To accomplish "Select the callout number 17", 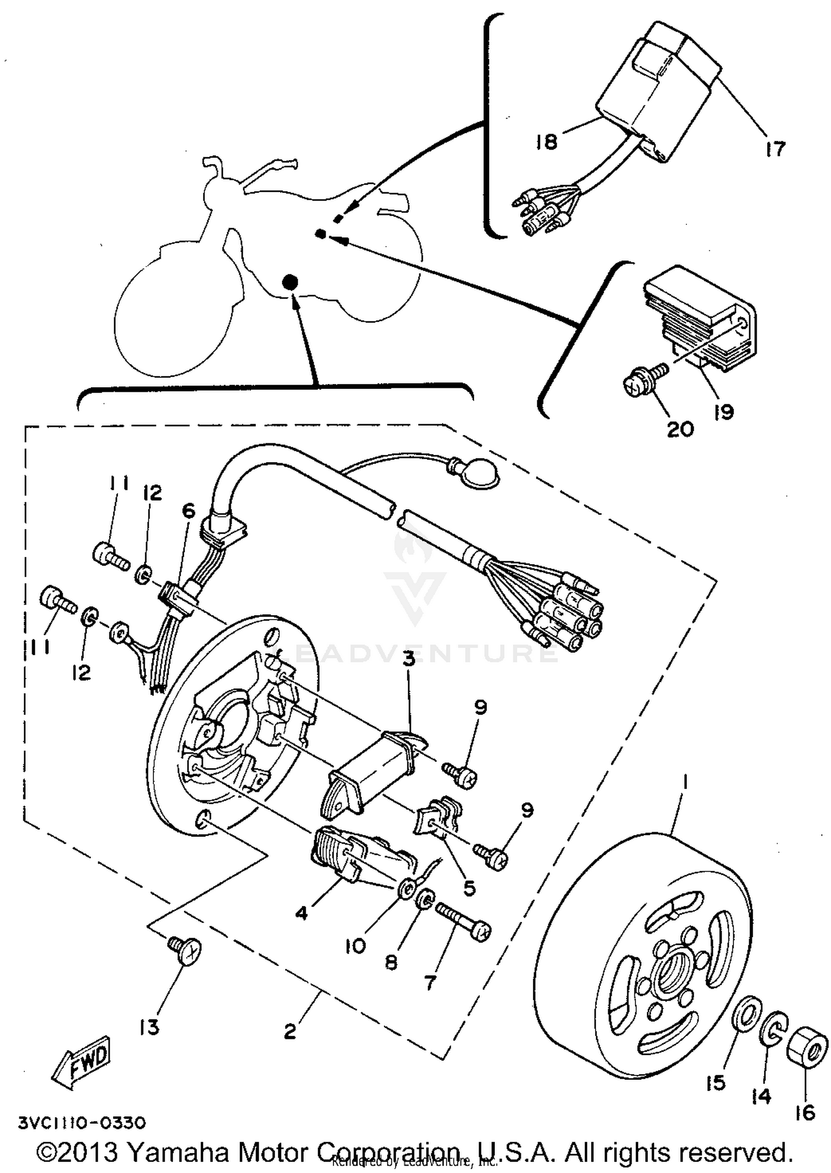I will (776, 148).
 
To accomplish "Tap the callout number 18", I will (546, 142).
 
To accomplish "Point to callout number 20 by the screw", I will (680, 429).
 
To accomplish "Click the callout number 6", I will (189, 511).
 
